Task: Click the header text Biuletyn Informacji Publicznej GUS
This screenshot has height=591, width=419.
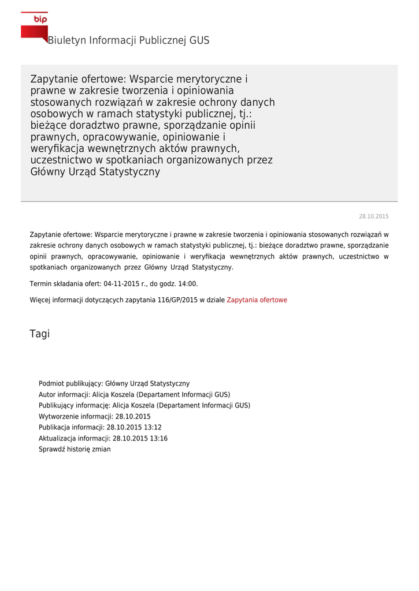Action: [x=128, y=40]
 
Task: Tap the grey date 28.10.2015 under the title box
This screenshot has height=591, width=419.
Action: [x=373, y=216]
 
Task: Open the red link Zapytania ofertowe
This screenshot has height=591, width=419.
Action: [x=257, y=300]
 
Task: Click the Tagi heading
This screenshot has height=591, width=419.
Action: [x=39, y=334]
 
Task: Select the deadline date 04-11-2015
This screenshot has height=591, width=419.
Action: [x=122, y=284]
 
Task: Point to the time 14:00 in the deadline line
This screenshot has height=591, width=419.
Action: [x=188, y=284]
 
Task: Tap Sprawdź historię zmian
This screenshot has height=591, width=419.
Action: [x=75, y=449]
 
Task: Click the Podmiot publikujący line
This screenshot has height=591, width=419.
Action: [x=114, y=384]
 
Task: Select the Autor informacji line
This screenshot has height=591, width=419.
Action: [x=134, y=395]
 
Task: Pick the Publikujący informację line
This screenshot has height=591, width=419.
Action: [x=144, y=406]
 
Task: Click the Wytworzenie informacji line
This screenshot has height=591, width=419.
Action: [x=95, y=417]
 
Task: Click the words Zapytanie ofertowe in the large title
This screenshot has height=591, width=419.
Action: [x=78, y=79]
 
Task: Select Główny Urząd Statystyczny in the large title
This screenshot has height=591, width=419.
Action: [x=95, y=172]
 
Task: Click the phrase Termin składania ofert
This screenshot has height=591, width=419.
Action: [x=65, y=284]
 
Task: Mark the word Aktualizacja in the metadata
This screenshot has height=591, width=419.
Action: [x=57, y=439]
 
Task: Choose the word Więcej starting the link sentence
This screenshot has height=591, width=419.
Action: [x=40, y=300]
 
